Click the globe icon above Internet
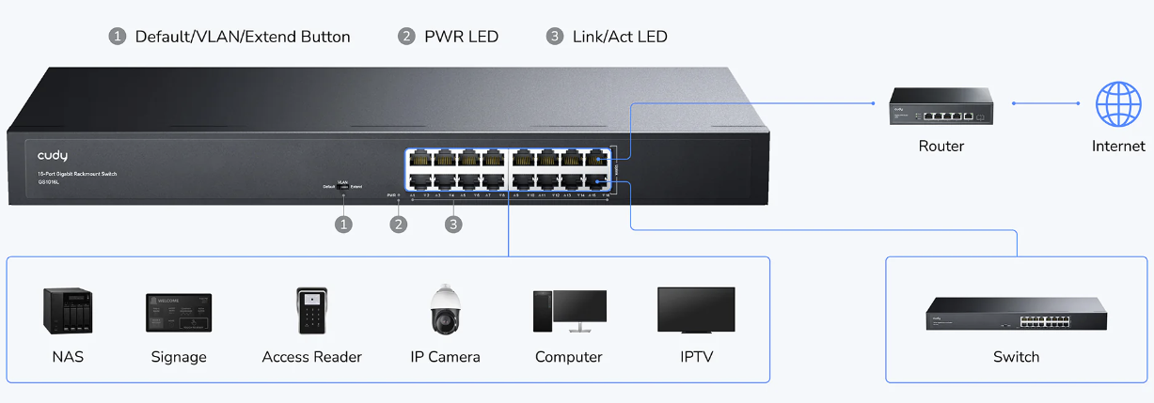click(1118, 103)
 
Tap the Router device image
click(941, 107)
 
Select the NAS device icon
click(68, 310)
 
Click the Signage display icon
click(179, 312)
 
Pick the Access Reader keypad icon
click(311, 310)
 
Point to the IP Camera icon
click(445, 309)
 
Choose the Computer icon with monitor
click(569, 310)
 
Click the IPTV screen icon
click(696, 310)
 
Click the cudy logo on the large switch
click(53, 155)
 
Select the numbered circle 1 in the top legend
click(118, 37)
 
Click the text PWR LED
click(461, 37)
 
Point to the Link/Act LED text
click(620, 37)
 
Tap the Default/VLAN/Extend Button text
click(243, 37)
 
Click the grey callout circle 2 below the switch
click(400, 225)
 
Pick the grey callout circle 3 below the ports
click(454, 225)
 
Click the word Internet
click(1118, 146)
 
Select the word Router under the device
click(941, 146)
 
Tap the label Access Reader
click(311, 357)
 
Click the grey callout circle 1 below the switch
click(344, 225)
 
